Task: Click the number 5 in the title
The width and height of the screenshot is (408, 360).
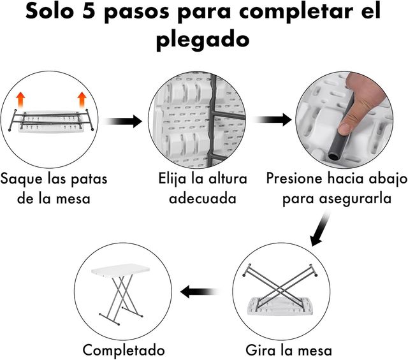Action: [89, 11]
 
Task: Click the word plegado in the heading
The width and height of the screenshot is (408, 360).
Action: [203, 40]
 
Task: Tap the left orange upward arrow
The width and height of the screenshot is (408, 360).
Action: [20, 100]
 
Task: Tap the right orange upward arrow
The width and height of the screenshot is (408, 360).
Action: [82, 100]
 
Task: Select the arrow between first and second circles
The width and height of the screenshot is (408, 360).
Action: [122, 121]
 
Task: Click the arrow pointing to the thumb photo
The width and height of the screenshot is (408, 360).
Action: [272, 119]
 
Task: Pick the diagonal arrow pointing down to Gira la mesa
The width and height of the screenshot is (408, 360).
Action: [320, 229]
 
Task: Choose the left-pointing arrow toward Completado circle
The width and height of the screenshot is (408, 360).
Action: [199, 291]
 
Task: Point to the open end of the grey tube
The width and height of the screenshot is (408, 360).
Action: [332, 157]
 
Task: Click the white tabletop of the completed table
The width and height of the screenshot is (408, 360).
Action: [120, 270]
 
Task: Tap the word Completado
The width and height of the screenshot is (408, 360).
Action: [124, 350]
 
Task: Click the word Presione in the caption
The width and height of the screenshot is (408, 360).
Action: [295, 178]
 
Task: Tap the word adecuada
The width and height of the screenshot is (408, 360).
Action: [203, 198]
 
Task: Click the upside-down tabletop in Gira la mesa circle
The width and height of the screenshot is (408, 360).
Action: [280, 306]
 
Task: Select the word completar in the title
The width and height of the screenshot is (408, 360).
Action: [296, 12]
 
